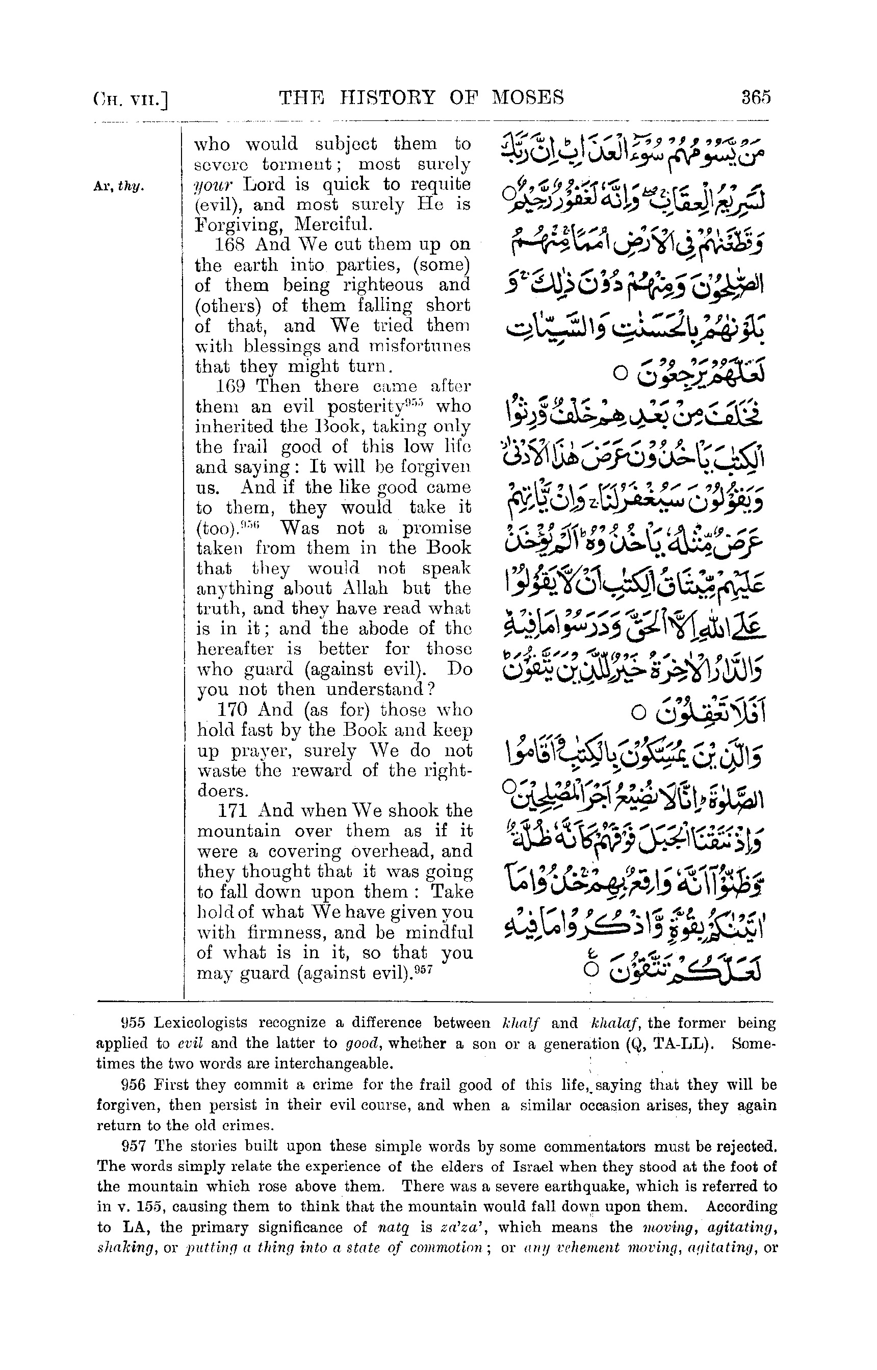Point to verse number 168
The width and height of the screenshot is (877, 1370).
(x=230, y=244)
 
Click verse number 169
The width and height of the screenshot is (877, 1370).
(x=230, y=386)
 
